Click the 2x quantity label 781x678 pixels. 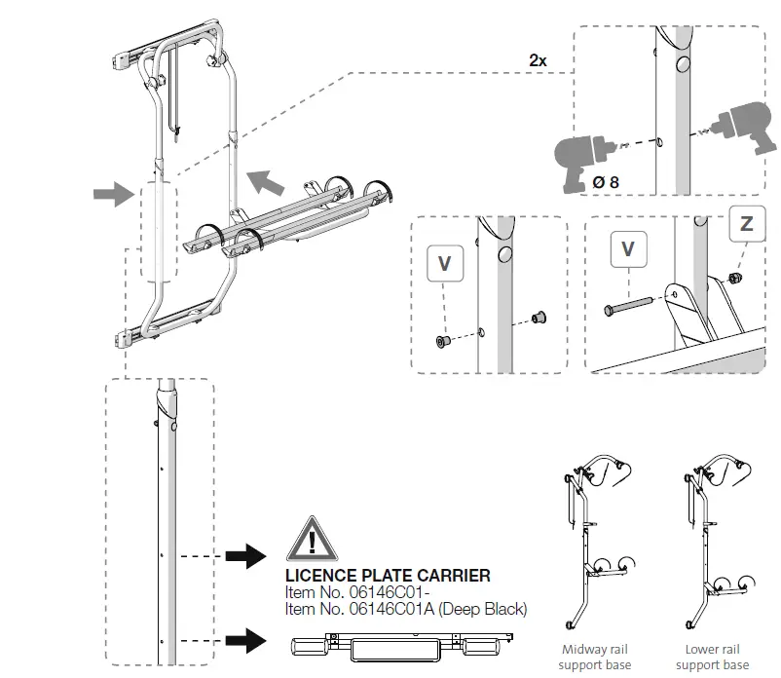(x=538, y=60)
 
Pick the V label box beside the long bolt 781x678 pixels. (x=628, y=250)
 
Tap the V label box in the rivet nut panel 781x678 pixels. (x=444, y=264)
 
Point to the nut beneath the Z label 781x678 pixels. (x=736, y=279)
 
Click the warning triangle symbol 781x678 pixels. (x=311, y=539)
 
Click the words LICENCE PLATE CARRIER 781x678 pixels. (x=388, y=577)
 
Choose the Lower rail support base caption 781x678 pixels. (x=713, y=657)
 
